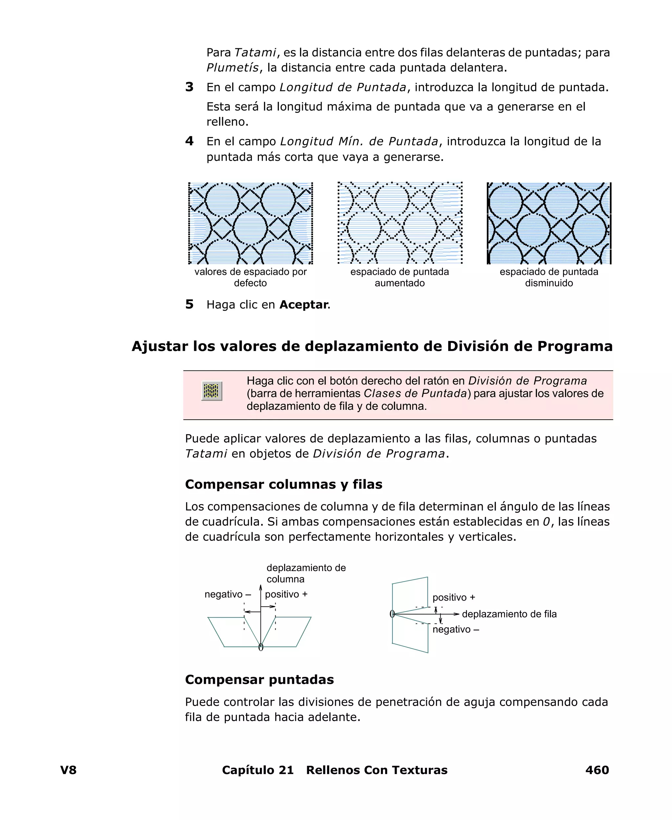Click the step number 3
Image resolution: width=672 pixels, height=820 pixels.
[x=189, y=87]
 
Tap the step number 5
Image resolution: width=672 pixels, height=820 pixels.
[x=189, y=304]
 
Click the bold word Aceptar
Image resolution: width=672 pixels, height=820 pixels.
[x=304, y=304]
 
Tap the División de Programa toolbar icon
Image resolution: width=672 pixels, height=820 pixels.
[x=212, y=390]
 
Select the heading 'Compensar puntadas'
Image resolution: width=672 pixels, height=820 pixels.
[x=259, y=679]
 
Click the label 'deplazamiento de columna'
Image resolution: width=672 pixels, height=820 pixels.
[x=306, y=573]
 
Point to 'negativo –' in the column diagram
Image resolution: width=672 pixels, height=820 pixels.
[x=228, y=594]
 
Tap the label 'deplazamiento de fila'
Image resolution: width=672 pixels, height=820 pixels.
[x=509, y=614]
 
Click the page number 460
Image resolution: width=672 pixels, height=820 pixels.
[x=597, y=770]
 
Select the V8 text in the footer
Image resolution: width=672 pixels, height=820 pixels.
[x=68, y=770]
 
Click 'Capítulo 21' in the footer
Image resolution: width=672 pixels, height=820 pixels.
[x=258, y=770]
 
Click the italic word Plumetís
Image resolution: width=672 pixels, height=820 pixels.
[x=232, y=68]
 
